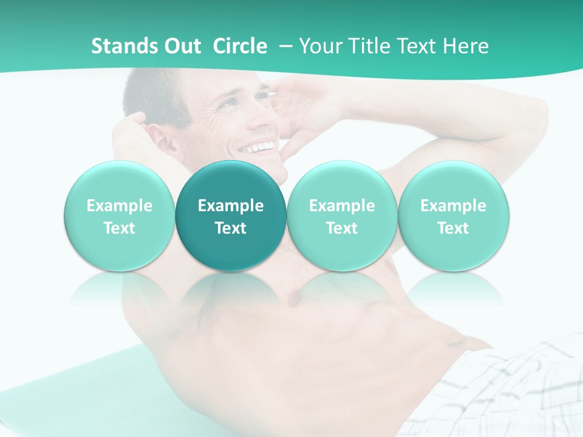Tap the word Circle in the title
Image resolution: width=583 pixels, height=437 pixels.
[x=240, y=46]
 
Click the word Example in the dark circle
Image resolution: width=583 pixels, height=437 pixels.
[x=231, y=206]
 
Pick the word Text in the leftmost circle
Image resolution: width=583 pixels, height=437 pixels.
[x=119, y=228]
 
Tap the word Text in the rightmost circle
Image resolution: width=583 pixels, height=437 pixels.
[x=453, y=228]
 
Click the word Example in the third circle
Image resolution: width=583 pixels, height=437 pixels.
[x=342, y=206]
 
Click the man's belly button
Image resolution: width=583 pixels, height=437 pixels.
[x=452, y=343]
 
